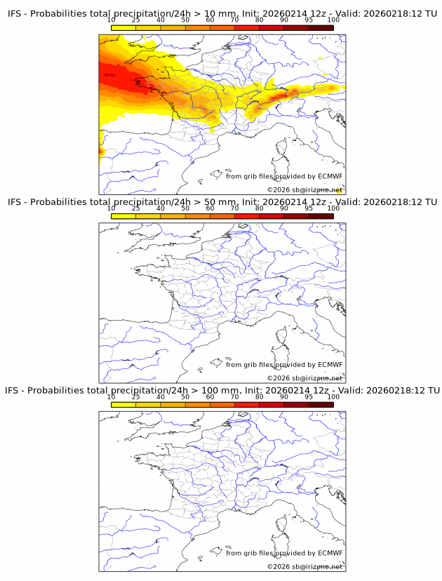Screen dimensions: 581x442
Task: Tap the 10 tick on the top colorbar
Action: (x=112, y=20)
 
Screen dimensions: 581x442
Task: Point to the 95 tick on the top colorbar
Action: (x=309, y=20)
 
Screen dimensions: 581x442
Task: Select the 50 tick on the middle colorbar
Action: (x=185, y=208)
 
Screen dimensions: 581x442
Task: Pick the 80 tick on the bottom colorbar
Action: (x=260, y=397)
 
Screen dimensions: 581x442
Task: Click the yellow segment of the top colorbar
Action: (x=123, y=27)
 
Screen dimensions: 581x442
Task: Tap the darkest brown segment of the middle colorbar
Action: (x=321, y=216)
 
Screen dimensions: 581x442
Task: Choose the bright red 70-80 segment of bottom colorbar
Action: (x=247, y=404)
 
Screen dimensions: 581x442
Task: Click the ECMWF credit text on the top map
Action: (x=284, y=176)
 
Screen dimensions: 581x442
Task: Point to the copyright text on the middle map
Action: (x=304, y=378)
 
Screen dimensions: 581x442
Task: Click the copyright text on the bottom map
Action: (x=304, y=566)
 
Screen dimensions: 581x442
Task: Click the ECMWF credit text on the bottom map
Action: (x=284, y=553)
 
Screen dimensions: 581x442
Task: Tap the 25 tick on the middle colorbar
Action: (x=135, y=208)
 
